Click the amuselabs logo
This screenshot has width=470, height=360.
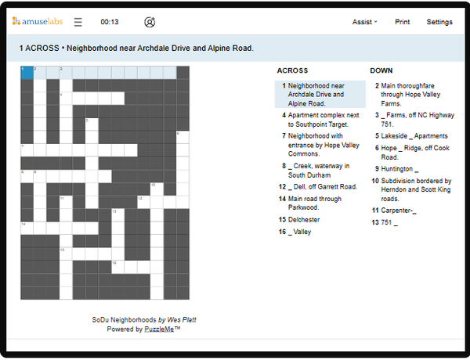(x=38, y=22)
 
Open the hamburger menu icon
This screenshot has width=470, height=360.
(x=78, y=22)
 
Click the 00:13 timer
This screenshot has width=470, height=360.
(x=110, y=22)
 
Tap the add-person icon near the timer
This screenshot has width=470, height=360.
(x=150, y=22)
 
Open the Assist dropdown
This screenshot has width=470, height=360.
(x=365, y=22)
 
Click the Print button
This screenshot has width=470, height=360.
(x=402, y=22)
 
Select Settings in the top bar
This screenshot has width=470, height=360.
(x=439, y=22)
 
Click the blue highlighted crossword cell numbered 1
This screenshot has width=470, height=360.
(x=27, y=72)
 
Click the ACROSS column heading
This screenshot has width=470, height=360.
(x=292, y=70)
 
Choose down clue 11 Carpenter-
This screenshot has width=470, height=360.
(x=399, y=211)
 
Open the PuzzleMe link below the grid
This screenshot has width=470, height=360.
(x=159, y=329)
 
